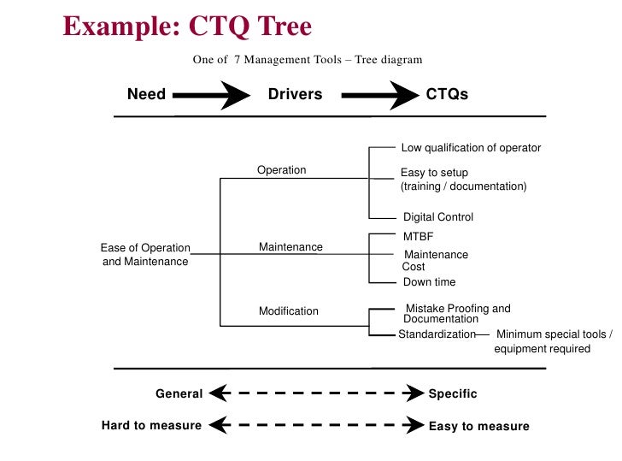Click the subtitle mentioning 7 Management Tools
pyautogui.click(x=308, y=60)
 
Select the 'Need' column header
pyautogui.click(x=146, y=94)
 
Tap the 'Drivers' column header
pyautogui.click(x=295, y=94)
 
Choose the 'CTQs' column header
pyautogui.click(x=447, y=94)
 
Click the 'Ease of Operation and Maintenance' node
pyautogui.click(x=145, y=255)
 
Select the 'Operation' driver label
pyautogui.click(x=281, y=170)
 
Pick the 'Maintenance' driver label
pyautogui.click(x=290, y=247)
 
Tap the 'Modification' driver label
pyautogui.click(x=289, y=311)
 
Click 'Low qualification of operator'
pyautogui.click(x=471, y=148)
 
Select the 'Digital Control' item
pyautogui.click(x=437, y=217)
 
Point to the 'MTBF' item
pyautogui.click(x=419, y=235)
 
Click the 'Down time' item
pyautogui.click(x=429, y=282)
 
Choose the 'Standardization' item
pyautogui.click(x=437, y=334)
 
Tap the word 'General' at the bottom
pyautogui.click(x=179, y=394)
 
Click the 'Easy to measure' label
pyautogui.click(x=478, y=426)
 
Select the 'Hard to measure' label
pyautogui.click(x=151, y=425)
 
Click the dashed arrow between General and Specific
pyautogui.click(x=316, y=394)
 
